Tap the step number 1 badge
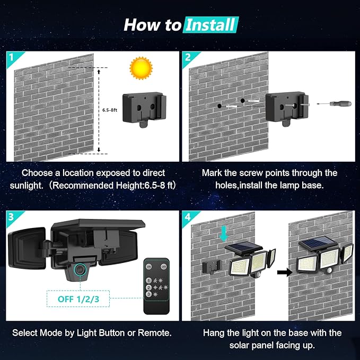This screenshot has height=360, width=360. (11, 57)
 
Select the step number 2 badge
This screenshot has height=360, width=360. (187, 57)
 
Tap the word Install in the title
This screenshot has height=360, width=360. (211, 24)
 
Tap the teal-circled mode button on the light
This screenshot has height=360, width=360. (80, 271)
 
